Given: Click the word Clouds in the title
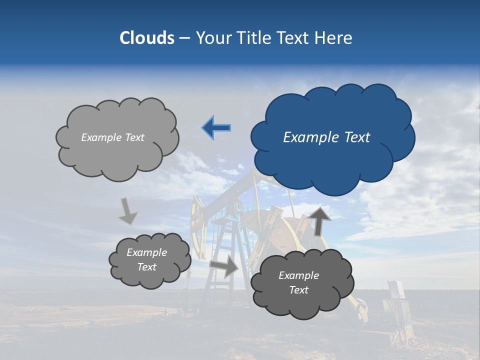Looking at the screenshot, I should coord(147,38).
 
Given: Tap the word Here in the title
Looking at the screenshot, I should coord(334,38).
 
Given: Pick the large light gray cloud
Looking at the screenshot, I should coord(116,139).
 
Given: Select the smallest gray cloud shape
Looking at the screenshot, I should coord(149,260).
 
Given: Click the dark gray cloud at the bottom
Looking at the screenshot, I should coord(301,283).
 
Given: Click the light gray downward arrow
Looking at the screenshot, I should coord(127,211).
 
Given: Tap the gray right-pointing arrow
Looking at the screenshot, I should coord(224,265).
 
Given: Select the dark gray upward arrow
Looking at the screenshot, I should coord(320,220).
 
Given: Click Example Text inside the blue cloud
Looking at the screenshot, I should coord(326,137).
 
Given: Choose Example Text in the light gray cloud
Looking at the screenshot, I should coord(112,137).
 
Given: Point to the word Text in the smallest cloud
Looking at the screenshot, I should coord(146,267).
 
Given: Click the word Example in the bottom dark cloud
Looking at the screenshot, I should coord(298,275).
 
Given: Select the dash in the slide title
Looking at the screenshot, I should coord(184,38).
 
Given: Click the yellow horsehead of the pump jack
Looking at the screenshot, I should coord(198,225).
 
